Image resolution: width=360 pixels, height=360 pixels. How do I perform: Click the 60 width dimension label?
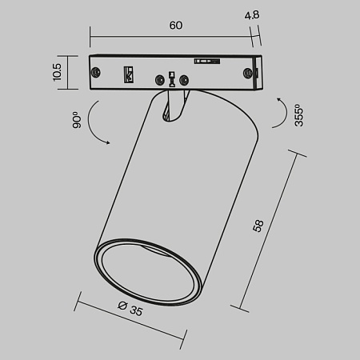[x=176, y=25]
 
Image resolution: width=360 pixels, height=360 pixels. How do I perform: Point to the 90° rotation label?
[x=77, y=120]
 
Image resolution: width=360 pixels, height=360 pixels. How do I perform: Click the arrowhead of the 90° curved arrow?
[x=107, y=142]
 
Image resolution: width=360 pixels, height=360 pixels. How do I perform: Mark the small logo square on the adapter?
[x=126, y=74]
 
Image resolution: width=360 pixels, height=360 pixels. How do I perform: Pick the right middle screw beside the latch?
[x=186, y=78]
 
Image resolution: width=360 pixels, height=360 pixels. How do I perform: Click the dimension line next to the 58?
[x=269, y=230]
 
